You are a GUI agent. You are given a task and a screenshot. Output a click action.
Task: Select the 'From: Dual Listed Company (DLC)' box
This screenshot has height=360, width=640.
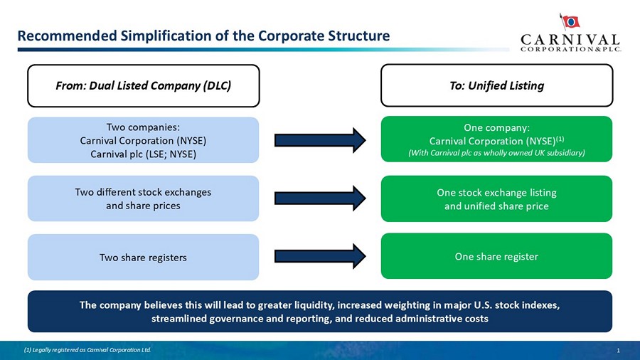[144, 85]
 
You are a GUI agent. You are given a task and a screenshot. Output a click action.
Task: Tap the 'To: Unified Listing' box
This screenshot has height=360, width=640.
[497, 85]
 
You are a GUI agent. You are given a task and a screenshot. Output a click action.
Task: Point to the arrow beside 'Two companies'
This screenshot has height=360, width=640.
[320, 139]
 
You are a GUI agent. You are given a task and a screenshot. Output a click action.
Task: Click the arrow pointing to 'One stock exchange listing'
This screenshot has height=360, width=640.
[320, 198]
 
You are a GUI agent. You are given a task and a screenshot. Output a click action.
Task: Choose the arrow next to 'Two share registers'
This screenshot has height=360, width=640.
[320, 256]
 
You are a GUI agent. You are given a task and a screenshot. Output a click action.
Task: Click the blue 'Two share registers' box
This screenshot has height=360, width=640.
[144, 257]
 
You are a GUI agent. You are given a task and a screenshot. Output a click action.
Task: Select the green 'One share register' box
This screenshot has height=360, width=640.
[497, 256]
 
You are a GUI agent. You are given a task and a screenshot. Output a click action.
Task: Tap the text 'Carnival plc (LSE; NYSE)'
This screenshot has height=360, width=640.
[143, 153]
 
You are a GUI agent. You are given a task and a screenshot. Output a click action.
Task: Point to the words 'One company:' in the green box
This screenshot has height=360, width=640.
[496, 128]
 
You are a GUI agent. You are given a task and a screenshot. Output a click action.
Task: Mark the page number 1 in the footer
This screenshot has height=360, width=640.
[619, 350]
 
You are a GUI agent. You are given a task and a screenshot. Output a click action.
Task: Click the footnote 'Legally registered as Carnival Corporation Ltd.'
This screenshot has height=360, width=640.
[88, 350]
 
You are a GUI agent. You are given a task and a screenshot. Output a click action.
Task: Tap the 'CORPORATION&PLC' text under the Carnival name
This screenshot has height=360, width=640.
[570, 49]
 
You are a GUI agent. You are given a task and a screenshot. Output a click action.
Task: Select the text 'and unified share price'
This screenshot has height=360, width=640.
[496, 206]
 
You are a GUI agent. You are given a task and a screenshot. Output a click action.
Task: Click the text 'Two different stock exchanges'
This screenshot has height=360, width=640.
[143, 192]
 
